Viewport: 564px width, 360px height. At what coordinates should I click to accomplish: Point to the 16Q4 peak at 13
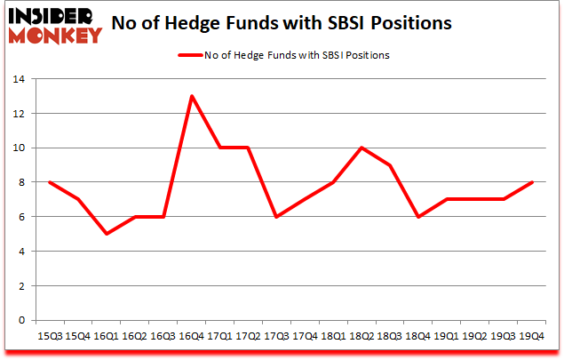pyautogui.click(x=191, y=96)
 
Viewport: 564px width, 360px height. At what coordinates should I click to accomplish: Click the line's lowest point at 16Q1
pyautogui.click(x=107, y=234)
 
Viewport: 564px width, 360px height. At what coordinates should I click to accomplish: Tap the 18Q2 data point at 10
pyautogui.click(x=361, y=148)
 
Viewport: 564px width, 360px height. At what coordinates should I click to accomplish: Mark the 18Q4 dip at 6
pyautogui.click(x=417, y=217)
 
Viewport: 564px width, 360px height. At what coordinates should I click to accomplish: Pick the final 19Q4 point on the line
pyautogui.click(x=530, y=182)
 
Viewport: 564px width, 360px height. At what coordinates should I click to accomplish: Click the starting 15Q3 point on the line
pyautogui.click(x=50, y=182)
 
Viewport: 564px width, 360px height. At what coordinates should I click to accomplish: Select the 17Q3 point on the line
pyautogui.click(x=276, y=217)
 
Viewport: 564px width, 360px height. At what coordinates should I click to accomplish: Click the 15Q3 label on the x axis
pyautogui.click(x=50, y=337)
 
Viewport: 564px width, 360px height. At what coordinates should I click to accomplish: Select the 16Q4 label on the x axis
pyautogui.click(x=191, y=337)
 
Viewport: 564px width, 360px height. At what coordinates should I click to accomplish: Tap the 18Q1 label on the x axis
pyautogui.click(x=332, y=337)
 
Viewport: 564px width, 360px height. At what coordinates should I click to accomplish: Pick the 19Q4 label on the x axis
pyautogui.click(x=530, y=337)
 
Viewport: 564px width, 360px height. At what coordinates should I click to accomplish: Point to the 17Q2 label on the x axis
pyautogui.click(x=248, y=337)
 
